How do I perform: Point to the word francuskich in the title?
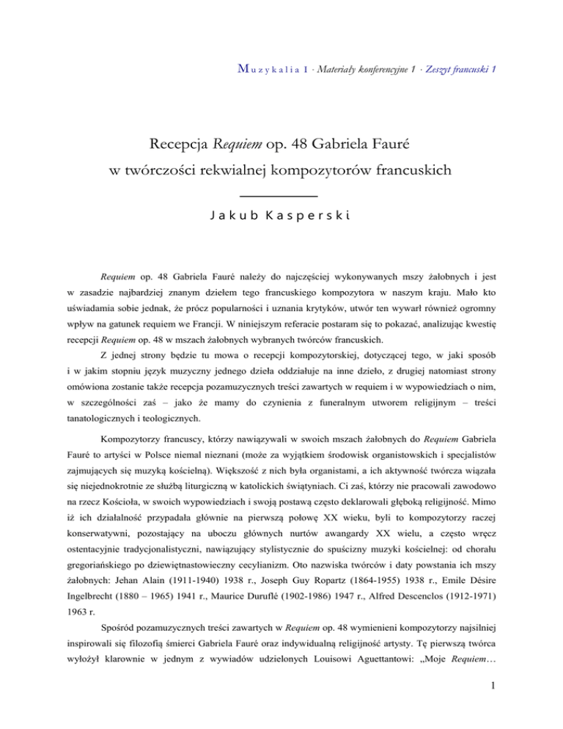coord(405,171)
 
